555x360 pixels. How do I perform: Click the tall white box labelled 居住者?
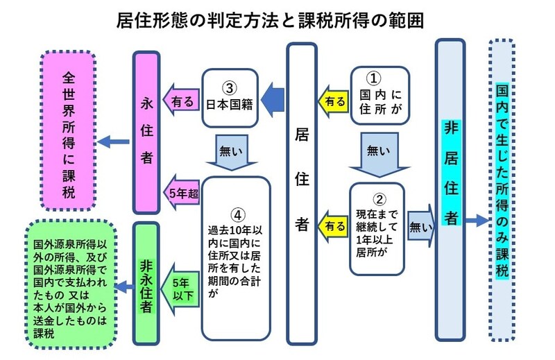[302, 194]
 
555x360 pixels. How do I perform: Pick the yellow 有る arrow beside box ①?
[333, 101]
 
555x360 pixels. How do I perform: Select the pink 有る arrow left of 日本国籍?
[181, 101]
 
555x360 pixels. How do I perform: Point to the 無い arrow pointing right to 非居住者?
[420, 224]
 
